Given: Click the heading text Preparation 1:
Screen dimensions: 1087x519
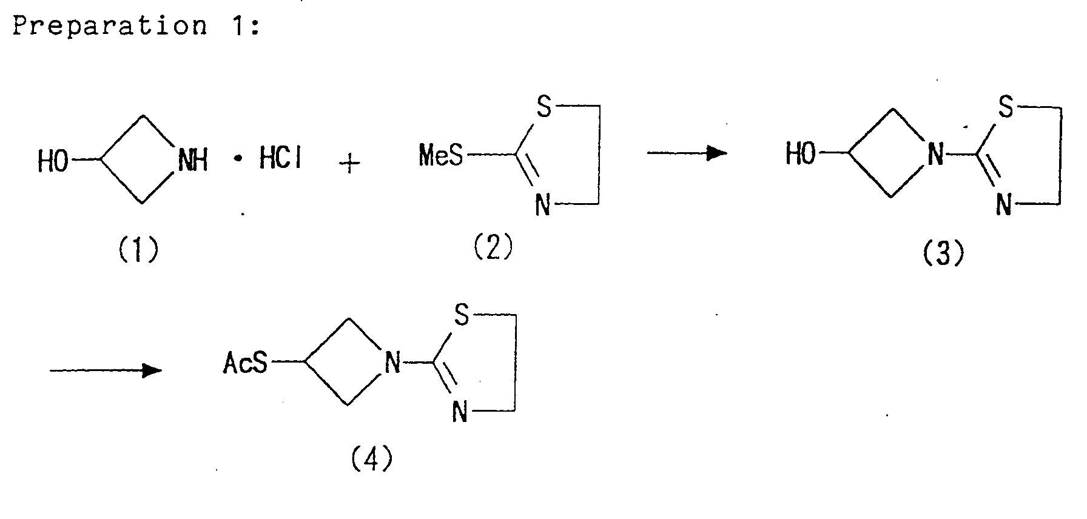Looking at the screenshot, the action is click(136, 27).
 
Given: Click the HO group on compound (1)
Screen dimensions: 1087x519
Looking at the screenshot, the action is click(53, 161).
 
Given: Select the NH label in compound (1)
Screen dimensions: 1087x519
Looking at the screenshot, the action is click(194, 161).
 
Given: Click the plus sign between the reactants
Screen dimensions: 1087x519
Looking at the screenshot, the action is click(349, 164).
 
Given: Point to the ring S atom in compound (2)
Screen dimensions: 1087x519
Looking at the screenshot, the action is click(544, 107).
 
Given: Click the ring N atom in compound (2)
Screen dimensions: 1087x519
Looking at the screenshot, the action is click(543, 206).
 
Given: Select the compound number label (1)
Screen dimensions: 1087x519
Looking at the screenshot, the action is click(138, 249).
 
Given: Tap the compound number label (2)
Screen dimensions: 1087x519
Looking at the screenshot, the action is click(493, 247).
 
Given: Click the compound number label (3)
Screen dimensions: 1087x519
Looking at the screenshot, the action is click(943, 254).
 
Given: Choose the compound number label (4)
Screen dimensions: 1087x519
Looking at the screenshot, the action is click(372, 459).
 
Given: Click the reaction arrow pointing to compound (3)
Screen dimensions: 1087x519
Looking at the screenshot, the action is click(687, 153).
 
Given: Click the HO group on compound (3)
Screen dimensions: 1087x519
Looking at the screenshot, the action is click(801, 155).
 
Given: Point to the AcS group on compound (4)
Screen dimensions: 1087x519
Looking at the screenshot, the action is click(245, 364).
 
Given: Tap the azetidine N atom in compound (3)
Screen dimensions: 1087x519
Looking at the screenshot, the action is click(936, 155).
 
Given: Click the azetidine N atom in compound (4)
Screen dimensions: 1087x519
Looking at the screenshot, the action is click(393, 364).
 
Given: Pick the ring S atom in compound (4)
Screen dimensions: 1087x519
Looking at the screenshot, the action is click(461, 316).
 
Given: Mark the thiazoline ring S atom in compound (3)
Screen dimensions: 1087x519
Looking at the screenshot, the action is click(1006, 108).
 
